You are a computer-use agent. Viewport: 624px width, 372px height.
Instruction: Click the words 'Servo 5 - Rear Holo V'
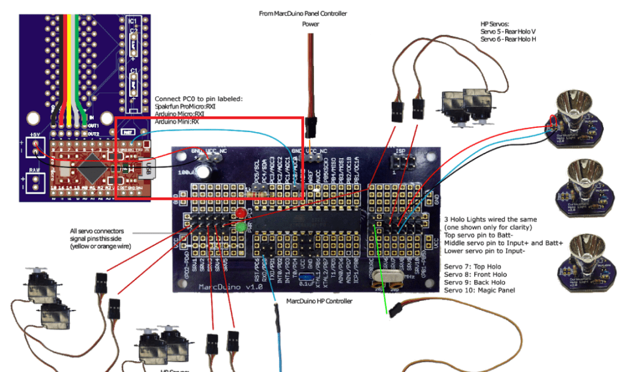click(x=508, y=32)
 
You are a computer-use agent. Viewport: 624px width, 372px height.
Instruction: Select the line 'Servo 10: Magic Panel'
click(x=480, y=290)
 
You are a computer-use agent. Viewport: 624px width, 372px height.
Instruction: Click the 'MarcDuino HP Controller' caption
click(x=319, y=301)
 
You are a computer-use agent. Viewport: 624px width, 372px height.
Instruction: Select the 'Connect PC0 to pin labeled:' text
click(x=199, y=99)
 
